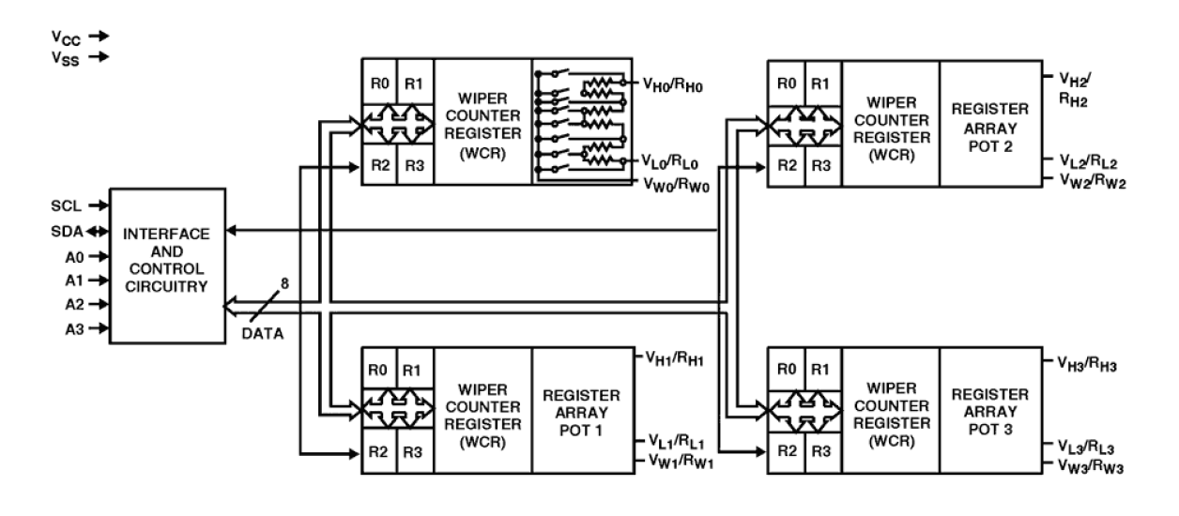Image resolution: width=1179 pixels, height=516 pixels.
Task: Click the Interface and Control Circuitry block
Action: tap(165, 267)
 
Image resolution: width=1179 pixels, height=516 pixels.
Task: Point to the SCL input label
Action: tap(64, 204)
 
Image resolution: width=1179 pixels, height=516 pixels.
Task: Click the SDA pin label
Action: tap(62, 230)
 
